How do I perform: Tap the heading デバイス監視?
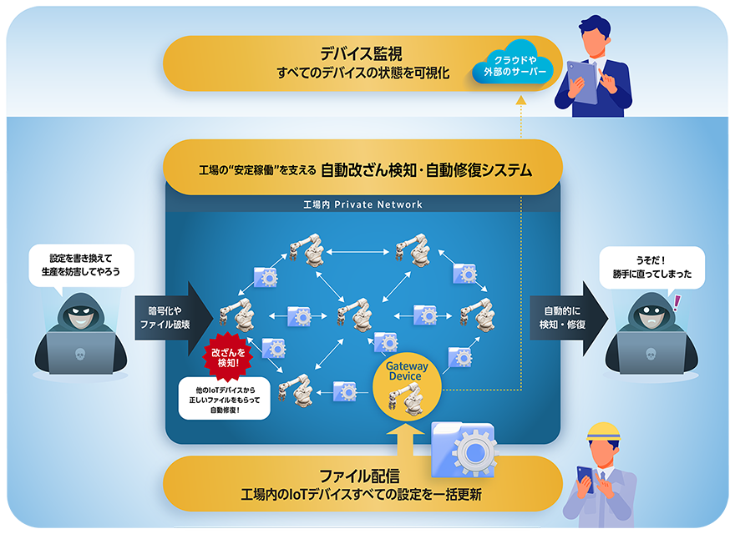click(361, 53)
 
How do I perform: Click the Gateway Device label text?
click(407, 371)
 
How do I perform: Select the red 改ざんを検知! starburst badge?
click(228, 357)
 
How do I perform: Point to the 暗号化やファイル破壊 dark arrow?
click(174, 318)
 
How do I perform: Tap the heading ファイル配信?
click(359, 476)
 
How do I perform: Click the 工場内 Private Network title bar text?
click(362, 204)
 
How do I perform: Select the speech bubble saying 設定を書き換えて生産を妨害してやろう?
click(81, 265)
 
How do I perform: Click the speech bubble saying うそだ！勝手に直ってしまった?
click(652, 268)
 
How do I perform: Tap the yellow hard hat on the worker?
click(603, 432)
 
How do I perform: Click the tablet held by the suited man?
click(581, 82)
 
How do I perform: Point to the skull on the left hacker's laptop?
click(80, 354)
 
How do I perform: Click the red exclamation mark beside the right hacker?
click(677, 303)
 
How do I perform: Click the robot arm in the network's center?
click(355, 315)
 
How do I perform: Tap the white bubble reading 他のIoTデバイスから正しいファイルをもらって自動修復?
click(225, 400)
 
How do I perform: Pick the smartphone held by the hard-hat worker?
click(585, 479)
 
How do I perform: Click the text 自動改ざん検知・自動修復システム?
click(427, 169)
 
